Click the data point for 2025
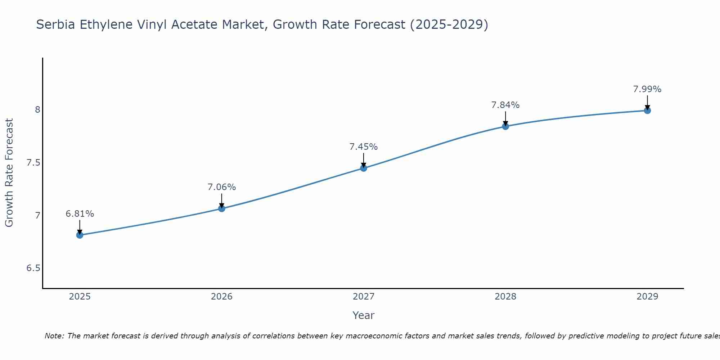[x=80, y=235]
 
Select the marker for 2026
[x=221, y=208]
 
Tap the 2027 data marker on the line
[x=363, y=168]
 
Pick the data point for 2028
[x=505, y=126]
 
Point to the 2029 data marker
[x=647, y=110]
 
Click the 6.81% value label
[x=80, y=214]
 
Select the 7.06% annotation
[x=221, y=187]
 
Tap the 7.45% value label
[x=363, y=147]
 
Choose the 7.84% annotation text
[x=505, y=105]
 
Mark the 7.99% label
[x=647, y=89]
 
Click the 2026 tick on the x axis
[x=221, y=297]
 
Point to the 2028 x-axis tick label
[x=505, y=297]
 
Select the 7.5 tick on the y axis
[x=33, y=163]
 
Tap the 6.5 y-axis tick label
[x=33, y=268]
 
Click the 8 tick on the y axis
[x=37, y=109]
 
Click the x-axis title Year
[x=363, y=315]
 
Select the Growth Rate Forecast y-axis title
[x=9, y=172]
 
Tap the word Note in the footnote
[x=54, y=336]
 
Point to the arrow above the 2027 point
[x=363, y=160]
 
